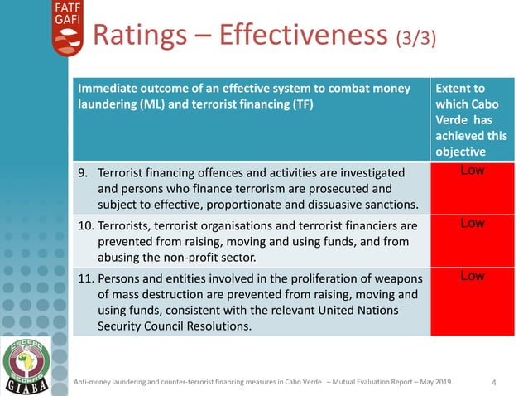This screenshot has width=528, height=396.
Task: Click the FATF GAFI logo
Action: click(67, 27)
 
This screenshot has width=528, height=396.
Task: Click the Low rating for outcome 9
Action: click(472, 171)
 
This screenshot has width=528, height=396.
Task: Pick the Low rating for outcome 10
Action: click(472, 224)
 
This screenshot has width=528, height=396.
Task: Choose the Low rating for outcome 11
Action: click(472, 276)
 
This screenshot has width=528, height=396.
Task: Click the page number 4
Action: click(494, 382)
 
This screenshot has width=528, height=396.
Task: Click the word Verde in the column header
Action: click(452, 121)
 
